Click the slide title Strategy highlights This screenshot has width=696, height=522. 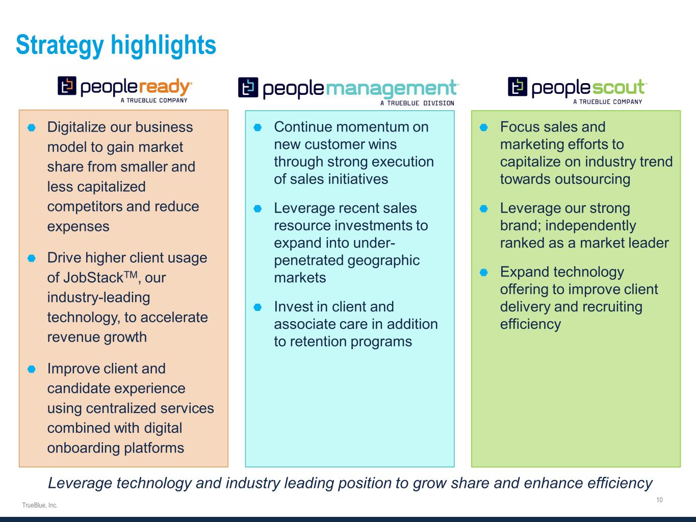click(x=116, y=45)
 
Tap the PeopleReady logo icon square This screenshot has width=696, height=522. click(x=67, y=86)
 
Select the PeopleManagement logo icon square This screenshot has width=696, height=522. click(x=248, y=87)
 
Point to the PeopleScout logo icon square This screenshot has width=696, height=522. click(x=518, y=86)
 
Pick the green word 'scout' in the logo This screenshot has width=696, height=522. click(x=618, y=87)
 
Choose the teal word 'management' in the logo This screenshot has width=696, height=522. click(x=391, y=89)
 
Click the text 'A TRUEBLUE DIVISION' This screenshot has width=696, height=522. click(x=417, y=103)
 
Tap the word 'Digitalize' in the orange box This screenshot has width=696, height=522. click(x=76, y=127)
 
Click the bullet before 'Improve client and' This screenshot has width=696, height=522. click(x=32, y=369)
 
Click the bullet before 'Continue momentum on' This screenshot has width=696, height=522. click(x=257, y=127)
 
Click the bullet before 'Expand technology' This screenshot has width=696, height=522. click(x=483, y=272)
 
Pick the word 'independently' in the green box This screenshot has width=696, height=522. click(x=590, y=226)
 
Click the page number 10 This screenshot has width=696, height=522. click(x=659, y=500)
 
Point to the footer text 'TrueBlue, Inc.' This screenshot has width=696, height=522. click(x=40, y=505)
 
